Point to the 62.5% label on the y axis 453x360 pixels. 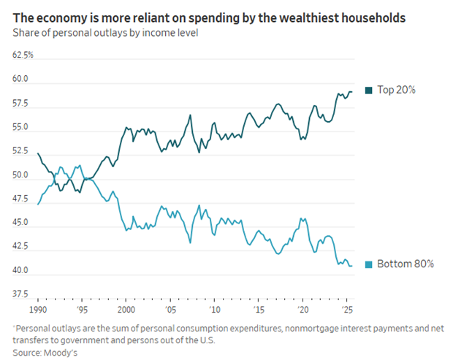coord(22,55)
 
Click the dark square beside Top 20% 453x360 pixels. coord(369,91)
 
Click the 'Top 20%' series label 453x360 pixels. coord(396,91)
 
